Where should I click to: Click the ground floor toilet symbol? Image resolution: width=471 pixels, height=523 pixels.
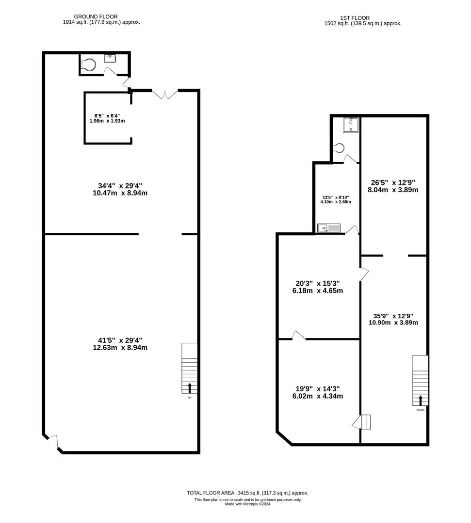click(88, 65)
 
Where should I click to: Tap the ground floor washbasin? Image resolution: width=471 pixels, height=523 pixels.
click(110, 59)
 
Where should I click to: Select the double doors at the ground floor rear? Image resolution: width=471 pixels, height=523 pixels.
click(165, 94)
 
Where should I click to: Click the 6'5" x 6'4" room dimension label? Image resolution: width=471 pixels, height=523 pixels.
click(107, 118)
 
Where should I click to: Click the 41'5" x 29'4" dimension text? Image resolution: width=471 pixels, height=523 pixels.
click(120, 343)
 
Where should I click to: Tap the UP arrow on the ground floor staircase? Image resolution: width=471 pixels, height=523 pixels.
click(190, 387)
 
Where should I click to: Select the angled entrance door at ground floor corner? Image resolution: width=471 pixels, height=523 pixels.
click(53, 441)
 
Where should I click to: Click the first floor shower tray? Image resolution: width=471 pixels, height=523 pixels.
click(351, 125)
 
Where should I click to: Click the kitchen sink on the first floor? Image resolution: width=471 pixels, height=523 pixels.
click(329, 228)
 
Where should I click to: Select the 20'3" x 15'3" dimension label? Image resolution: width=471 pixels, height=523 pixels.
click(319, 287)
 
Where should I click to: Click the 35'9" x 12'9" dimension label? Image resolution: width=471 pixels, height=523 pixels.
click(393, 319)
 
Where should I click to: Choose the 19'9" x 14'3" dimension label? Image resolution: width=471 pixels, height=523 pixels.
click(319, 392)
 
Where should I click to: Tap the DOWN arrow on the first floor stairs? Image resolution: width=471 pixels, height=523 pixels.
click(420, 400)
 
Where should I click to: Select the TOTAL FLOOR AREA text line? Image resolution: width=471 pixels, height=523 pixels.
click(247, 493)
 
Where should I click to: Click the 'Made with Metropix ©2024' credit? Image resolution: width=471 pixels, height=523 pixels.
click(247, 504)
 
